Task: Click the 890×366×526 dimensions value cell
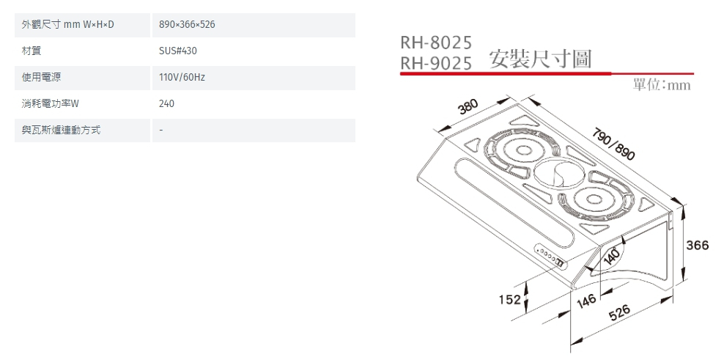pos(187,26)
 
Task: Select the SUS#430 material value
pos(178,51)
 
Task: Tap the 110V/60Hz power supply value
pos(182,78)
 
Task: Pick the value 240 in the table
pos(167,104)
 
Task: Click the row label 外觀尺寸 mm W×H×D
pos(68,26)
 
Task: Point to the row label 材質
pos(31,51)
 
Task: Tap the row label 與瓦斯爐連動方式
pos(61,131)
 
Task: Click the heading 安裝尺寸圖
pos(540,59)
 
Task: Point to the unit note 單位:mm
pos(661,86)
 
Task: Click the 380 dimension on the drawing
pos(468,108)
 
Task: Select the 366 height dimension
pos(697,246)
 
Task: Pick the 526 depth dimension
pos(619,313)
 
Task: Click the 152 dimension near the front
pos(509,299)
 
